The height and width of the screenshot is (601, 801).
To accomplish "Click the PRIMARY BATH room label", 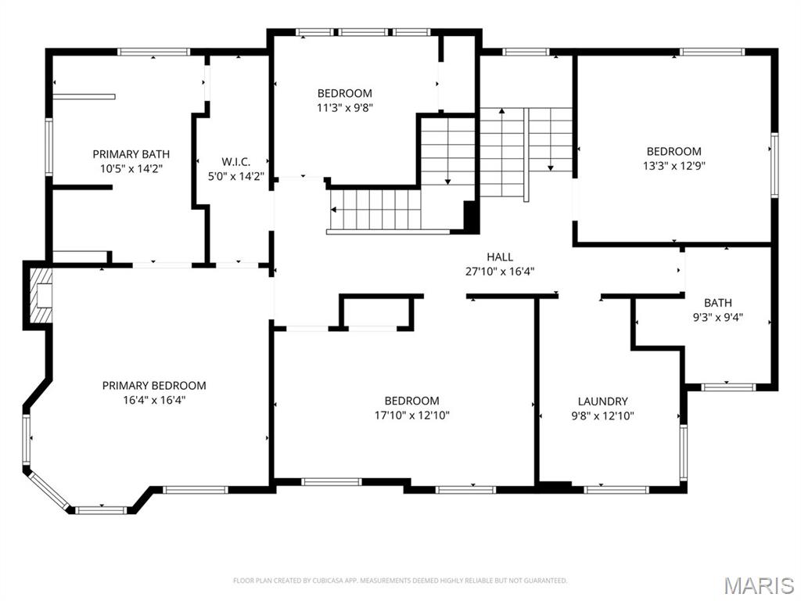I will click(131, 154).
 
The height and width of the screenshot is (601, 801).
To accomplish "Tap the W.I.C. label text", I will click(235, 161).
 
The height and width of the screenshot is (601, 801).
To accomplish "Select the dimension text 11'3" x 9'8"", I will click(344, 108).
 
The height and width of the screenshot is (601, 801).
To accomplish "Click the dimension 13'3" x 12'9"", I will click(673, 166).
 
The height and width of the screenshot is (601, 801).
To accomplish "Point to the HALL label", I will click(500, 257).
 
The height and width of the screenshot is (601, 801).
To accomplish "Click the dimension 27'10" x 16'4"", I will click(500, 272).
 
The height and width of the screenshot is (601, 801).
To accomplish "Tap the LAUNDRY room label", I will click(602, 401).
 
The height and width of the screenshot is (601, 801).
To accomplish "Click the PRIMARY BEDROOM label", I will click(154, 385).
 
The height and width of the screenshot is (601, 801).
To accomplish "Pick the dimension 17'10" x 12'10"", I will click(411, 416).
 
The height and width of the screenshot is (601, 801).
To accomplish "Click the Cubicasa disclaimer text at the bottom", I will click(400, 581).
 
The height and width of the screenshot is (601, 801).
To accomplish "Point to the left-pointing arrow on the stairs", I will click(334, 210).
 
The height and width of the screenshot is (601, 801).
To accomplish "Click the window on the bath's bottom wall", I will click(727, 386).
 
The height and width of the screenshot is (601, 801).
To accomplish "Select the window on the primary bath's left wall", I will click(48, 146).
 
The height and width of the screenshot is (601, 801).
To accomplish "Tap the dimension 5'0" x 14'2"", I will click(235, 176).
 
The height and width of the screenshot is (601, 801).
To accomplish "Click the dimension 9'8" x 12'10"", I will click(602, 416).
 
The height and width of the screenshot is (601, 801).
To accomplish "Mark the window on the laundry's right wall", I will click(683, 452).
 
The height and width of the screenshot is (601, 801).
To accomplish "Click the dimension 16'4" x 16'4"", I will click(154, 400).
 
